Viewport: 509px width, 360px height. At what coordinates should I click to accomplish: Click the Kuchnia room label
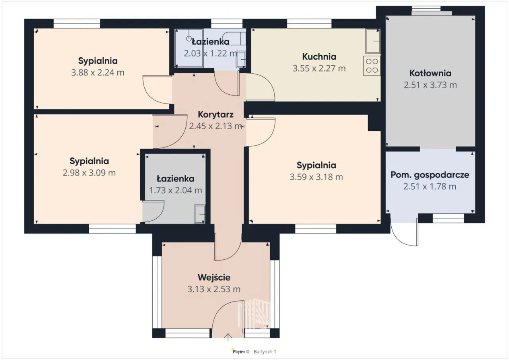pyautogui.click(x=319, y=56)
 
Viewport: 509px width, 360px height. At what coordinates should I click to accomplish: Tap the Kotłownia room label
pyautogui.click(x=430, y=73)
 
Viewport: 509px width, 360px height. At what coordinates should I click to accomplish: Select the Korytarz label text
pyautogui.click(x=216, y=115)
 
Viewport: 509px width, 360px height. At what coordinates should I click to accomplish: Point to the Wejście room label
pyautogui.click(x=214, y=278)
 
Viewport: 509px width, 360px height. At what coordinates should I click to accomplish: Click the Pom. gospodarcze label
pyautogui.click(x=430, y=175)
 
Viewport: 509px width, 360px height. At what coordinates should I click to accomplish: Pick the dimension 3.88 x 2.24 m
pyautogui.click(x=98, y=73)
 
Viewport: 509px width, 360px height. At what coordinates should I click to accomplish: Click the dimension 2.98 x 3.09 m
pyautogui.click(x=89, y=173)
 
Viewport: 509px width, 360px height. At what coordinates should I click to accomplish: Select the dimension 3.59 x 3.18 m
pyautogui.click(x=316, y=177)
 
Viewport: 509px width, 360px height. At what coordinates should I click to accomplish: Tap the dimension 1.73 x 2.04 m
pyautogui.click(x=175, y=191)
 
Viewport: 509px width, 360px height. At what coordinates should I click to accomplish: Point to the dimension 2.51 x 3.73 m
pyautogui.click(x=430, y=85)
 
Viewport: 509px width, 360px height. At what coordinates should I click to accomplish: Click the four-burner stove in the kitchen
pyautogui.click(x=372, y=66)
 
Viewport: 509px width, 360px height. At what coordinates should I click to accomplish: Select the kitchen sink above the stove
pyautogui.click(x=373, y=41)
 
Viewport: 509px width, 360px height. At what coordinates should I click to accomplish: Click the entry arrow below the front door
pyautogui.click(x=228, y=337)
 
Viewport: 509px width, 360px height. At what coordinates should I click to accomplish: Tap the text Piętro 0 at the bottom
pyautogui.click(x=241, y=352)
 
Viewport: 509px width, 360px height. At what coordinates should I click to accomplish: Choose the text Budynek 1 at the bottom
pyautogui.click(x=265, y=352)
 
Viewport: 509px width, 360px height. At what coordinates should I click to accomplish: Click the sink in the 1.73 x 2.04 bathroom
pyautogui.click(x=200, y=214)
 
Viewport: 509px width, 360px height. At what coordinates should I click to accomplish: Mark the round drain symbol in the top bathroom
pyautogui.click(x=188, y=39)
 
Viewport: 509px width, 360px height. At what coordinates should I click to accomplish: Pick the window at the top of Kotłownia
pyautogui.click(x=426, y=9)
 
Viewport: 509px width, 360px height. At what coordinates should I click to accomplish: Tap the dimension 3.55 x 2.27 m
pyautogui.click(x=319, y=68)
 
